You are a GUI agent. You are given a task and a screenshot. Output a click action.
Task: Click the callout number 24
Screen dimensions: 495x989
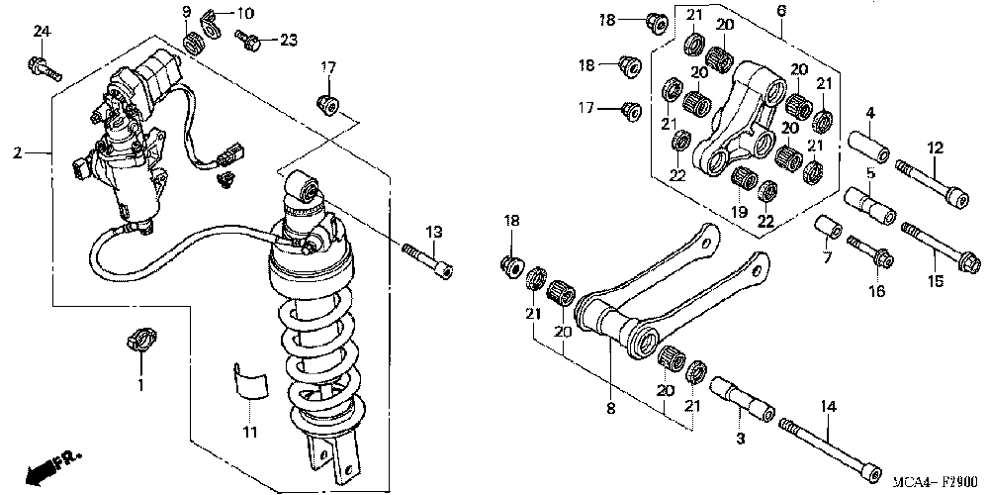coord(42,32)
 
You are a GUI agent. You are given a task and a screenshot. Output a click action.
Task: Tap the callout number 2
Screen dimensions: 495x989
coord(18,153)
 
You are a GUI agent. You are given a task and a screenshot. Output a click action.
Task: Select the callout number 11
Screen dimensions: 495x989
coord(250,432)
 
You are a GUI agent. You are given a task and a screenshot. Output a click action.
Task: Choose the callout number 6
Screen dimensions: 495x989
coord(781,11)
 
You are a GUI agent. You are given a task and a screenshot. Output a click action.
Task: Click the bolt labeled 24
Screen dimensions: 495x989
coord(46,69)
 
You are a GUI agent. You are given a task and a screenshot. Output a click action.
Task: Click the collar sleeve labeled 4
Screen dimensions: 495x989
coord(869,148)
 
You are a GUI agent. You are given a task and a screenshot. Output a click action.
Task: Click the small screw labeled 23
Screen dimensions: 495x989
coord(247,41)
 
